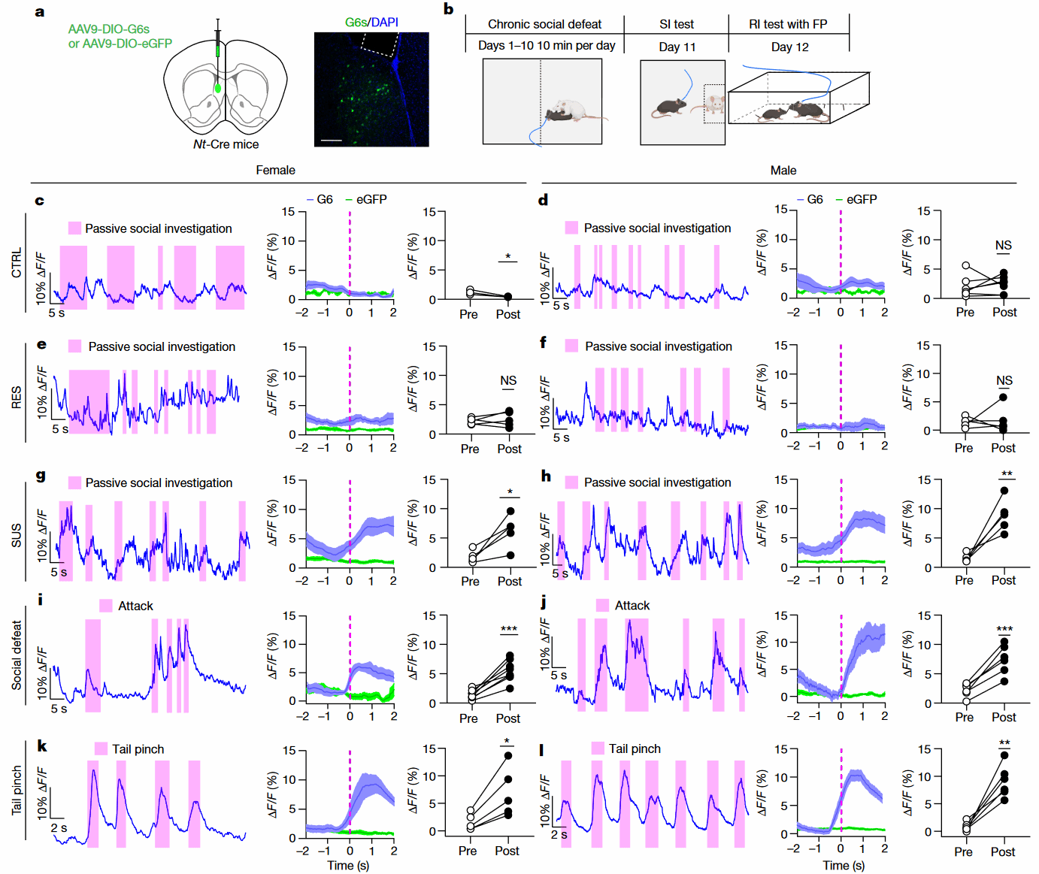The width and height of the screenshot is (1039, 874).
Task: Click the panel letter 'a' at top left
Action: (x=40, y=12)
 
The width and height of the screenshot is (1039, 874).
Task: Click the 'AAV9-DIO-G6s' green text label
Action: (x=108, y=29)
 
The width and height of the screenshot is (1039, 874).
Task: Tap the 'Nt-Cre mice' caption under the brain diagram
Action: (x=226, y=144)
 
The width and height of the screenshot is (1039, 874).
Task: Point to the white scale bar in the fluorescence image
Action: (x=332, y=141)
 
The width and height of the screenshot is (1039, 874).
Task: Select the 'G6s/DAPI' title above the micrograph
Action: (x=371, y=23)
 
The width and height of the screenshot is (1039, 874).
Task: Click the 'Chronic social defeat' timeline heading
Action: (x=544, y=24)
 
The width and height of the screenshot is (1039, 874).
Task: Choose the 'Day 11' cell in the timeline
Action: (x=677, y=47)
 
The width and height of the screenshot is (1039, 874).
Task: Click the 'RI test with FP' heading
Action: (x=788, y=24)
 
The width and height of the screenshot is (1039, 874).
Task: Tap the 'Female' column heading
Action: (x=275, y=171)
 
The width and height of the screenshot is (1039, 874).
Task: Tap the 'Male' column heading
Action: (x=783, y=171)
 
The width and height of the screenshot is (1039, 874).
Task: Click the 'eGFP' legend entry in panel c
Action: (x=371, y=200)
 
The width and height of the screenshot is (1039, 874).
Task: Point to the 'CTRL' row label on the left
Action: (x=17, y=263)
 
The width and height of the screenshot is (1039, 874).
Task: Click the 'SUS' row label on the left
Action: (x=17, y=535)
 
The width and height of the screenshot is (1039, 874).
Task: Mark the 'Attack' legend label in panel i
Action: (x=135, y=606)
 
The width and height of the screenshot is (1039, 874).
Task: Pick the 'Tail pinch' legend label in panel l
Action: (x=635, y=749)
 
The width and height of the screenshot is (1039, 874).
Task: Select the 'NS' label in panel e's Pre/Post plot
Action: (x=508, y=381)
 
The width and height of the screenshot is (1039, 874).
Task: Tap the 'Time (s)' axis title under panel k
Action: (x=348, y=866)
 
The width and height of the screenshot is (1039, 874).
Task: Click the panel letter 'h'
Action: (x=546, y=476)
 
